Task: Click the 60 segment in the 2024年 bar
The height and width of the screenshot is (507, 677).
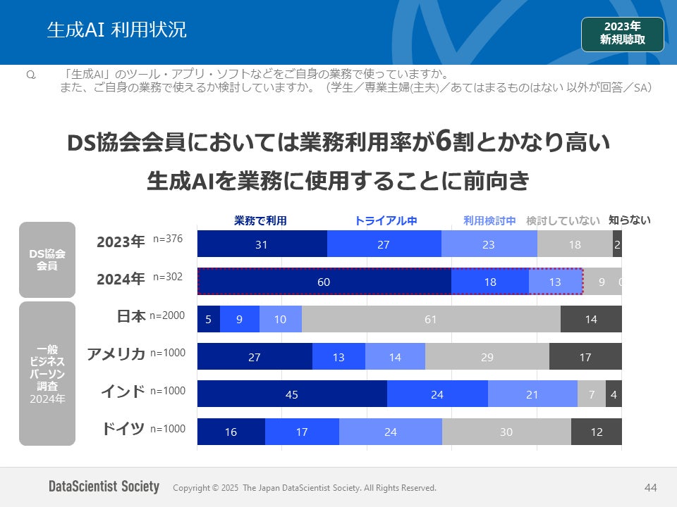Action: click(324, 282)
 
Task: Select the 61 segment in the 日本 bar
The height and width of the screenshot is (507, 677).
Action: click(431, 320)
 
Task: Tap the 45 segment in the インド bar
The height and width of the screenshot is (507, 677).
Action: click(292, 394)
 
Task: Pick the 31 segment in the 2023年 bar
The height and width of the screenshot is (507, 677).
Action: click(262, 244)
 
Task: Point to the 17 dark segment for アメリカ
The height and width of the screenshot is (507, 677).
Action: click(585, 357)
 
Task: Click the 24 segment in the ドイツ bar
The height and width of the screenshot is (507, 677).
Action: click(391, 432)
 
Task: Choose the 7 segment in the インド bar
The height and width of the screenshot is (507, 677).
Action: click(592, 394)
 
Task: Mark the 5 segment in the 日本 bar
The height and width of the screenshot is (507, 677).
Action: click(209, 320)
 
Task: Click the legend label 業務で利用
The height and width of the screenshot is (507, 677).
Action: click(260, 220)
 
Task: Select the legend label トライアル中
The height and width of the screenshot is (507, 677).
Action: click(386, 220)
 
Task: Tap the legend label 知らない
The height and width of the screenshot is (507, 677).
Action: click(629, 220)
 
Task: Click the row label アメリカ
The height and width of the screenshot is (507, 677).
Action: click(116, 353)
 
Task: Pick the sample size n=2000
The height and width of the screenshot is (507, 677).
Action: click(167, 315)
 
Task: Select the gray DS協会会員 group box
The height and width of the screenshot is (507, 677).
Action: click(47, 259)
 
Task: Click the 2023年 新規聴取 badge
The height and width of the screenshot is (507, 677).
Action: click(623, 34)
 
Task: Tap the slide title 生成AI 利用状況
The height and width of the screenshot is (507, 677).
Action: click(116, 30)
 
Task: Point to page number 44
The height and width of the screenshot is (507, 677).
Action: click(650, 487)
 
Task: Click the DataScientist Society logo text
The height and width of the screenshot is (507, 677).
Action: click(104, 487)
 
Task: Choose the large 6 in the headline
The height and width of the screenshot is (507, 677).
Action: click(443, 142)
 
